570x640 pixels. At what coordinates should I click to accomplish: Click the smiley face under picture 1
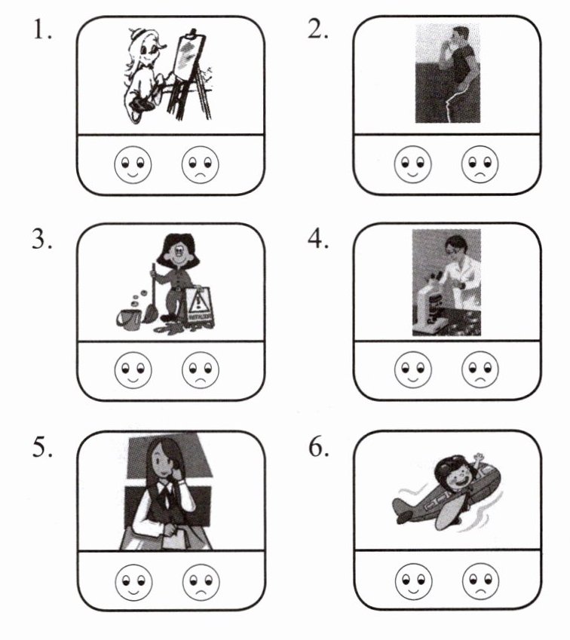pyautogui.click(x=133, y=164)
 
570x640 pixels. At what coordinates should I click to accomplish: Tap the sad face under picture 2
pyautogui.click(x=480, y=164)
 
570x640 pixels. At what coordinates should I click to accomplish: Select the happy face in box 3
pyautogui.click(x=133, y=370)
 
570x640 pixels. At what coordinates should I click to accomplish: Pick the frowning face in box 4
pyautogui.click(x=480, y=369)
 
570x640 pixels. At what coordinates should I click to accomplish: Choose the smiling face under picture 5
pyautogui.click(x=134, y=583)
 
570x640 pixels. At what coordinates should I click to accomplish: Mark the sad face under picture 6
pyautogui.click(x=480, y=581)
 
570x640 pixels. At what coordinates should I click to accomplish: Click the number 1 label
pyautogui.click(x=42, y=31)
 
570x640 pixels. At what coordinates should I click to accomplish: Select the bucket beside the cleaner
pyautogui.click(x=128, y=320)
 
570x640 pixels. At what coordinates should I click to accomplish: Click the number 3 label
pyautogui.click(x=42, y=239)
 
